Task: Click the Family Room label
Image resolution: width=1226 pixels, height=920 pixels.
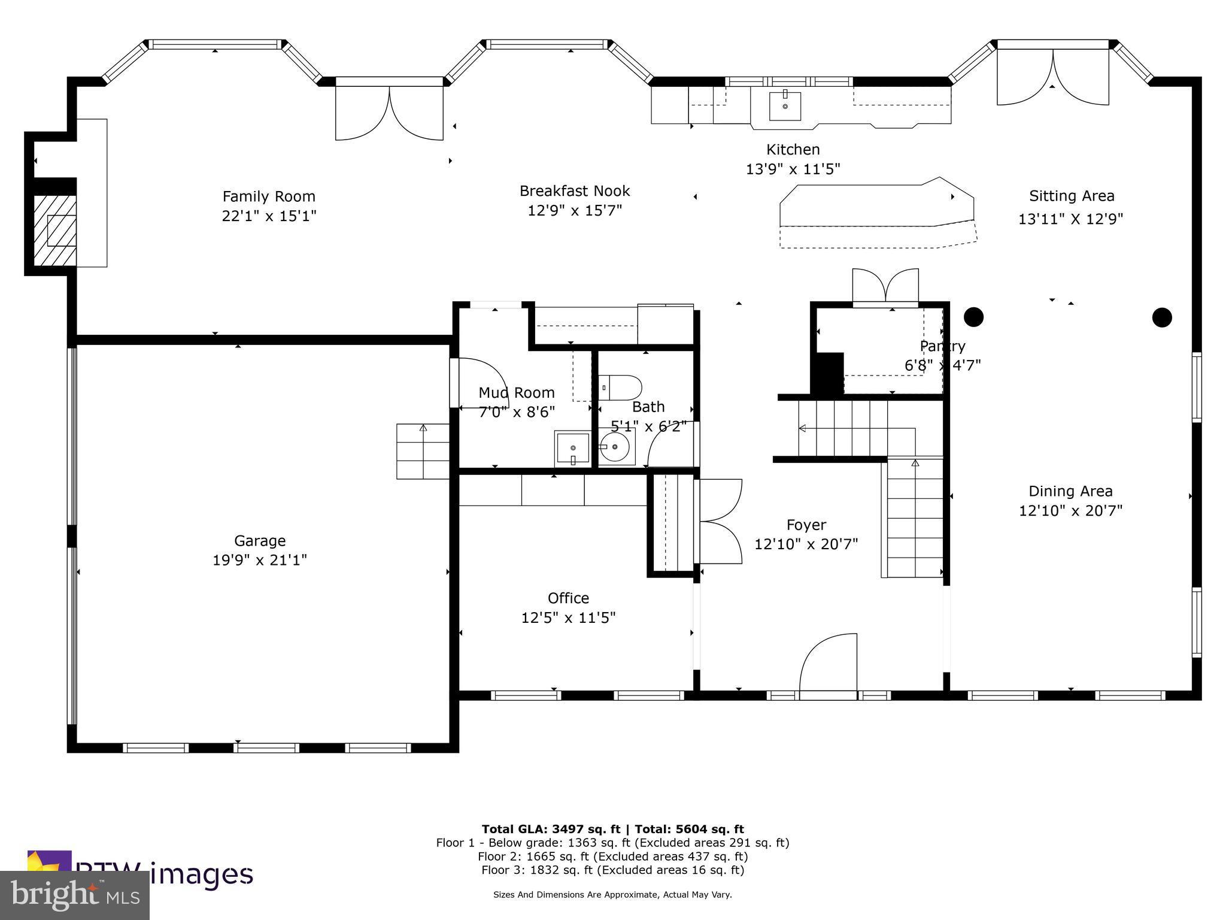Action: pos(269,196)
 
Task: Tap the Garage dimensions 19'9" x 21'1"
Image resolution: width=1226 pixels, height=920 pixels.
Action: pos(259,561)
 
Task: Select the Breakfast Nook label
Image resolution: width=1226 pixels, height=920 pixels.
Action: pos(575,191)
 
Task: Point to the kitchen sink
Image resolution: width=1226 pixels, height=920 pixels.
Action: pos(785,106)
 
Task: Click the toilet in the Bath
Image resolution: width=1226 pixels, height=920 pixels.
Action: pos(620,387)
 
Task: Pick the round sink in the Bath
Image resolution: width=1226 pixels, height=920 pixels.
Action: pos(615,447)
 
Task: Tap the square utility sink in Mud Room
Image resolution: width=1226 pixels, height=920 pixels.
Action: pos(572,448)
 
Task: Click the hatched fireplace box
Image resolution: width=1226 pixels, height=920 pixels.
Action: pos(54,231)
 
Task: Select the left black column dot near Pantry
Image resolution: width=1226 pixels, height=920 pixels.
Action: pos(973,316)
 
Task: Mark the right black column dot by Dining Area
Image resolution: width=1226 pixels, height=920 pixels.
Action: pos(1162,317)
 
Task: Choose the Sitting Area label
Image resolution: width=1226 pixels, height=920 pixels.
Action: pos(1072,196)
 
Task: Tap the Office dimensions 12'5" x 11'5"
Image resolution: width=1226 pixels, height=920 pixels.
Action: pos(568,618)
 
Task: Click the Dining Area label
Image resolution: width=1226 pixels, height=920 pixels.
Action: pos(1070,491)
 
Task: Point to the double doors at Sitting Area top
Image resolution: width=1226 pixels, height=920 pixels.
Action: pos(1052,78)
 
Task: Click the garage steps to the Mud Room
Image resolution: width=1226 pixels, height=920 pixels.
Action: pos(423,451)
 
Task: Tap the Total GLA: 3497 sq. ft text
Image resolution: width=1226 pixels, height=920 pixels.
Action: pos(551,829)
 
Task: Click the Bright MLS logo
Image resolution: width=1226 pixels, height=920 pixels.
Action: pos(74,895)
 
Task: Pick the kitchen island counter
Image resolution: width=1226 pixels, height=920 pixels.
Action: pos(874,207)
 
